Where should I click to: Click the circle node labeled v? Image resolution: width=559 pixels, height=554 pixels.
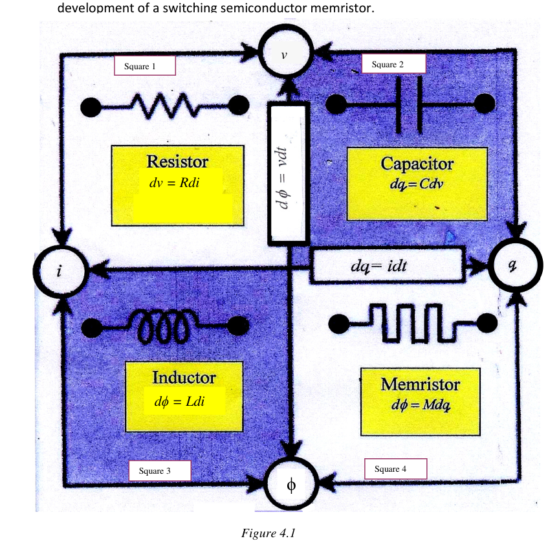[285, 51]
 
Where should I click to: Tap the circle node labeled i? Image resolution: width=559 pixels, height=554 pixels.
[60, 272]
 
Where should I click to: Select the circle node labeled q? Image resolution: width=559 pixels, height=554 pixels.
[515, 265]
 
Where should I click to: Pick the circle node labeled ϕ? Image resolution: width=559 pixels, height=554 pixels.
[291, 484]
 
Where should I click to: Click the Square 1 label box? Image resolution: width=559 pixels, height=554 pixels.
[145, 66]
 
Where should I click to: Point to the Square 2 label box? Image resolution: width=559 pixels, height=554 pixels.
[393, 64]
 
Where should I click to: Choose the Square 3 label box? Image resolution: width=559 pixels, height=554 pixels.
[160, 471]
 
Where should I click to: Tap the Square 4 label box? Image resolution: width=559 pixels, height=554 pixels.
[395, 469]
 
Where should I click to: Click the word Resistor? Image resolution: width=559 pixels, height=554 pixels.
[177, 162]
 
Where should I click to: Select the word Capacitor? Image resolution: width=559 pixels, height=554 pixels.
[417, 164]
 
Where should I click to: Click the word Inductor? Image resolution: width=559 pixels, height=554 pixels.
[184, 377]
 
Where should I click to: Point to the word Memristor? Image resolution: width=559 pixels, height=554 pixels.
[421, 384]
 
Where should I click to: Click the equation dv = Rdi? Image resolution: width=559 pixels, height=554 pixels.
[174, 183]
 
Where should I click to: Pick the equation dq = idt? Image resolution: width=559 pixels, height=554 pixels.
[378, 266]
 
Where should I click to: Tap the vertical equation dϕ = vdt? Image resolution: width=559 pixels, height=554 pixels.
[283, 178]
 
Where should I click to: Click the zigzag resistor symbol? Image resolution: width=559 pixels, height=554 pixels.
[165, 105]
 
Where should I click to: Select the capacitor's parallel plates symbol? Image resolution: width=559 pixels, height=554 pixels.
[410, 104]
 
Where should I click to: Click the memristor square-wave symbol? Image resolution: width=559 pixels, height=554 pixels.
[413, 324]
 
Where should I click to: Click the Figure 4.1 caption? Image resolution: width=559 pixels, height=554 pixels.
[269, 533]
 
